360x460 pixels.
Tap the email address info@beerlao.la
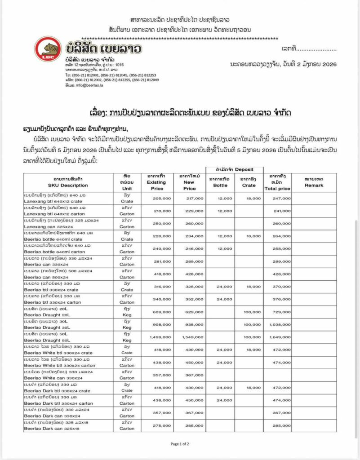click(81, 85)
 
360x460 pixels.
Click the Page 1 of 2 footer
click(180, 444)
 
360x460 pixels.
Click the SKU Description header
click(68, 182)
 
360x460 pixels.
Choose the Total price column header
click(277, 182)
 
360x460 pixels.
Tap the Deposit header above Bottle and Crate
click(235, 169)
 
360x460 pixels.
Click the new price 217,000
click(194, 198)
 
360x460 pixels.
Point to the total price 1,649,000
click(280, 337)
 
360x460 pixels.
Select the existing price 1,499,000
click(160, 337)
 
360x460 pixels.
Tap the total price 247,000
click(282, 198)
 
